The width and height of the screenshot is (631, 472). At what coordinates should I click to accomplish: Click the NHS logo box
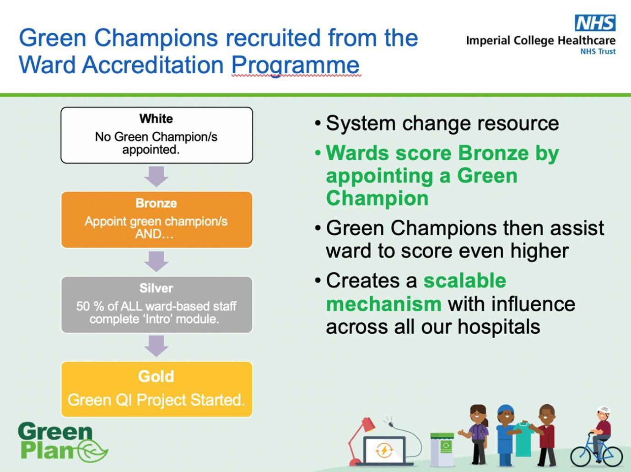click(x=595, y=23)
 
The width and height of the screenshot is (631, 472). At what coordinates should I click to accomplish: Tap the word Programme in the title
click(x=296, y=65)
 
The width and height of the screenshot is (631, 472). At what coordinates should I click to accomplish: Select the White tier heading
click(x=156, y=119)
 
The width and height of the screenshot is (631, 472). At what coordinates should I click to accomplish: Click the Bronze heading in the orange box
click(x=156, y=203)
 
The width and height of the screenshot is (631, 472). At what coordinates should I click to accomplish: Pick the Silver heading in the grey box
click(x=156, y=288)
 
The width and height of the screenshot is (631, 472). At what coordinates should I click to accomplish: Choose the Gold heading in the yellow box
click(x=156, y=376)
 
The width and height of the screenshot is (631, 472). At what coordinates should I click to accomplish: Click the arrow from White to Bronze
click(x=156, y=176)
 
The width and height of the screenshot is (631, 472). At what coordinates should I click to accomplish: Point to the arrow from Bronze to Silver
click(x=156, y=261)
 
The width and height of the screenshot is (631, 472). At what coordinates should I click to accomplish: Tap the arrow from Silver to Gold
click(x=156, y=346)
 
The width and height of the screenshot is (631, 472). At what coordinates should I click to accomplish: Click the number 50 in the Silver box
click(x=83, y=306)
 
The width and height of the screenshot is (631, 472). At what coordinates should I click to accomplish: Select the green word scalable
click(x=464, y=281)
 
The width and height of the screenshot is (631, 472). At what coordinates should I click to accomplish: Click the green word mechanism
click(x=383, y=304)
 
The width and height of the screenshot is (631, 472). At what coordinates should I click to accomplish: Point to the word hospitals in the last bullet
click(x=499, y=327)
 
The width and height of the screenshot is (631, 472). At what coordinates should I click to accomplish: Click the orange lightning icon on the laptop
click(x=384, y=450)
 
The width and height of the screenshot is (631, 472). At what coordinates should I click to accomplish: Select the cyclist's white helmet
click(x=603, y=410)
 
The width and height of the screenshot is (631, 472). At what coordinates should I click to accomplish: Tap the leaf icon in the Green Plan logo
click(x=93, y=451)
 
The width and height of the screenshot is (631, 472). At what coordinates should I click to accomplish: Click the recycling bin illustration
click(x=442, y=449)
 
